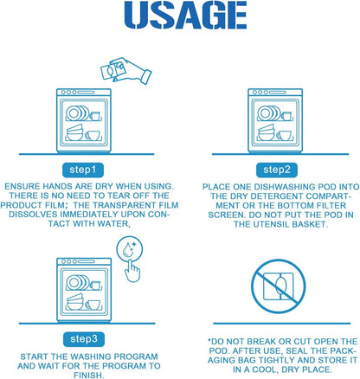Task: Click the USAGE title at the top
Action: click(185, 15)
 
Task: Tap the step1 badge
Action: click(83, 170)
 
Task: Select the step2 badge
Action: click(277, 170)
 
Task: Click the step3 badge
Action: click(84, 339)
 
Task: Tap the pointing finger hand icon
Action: click(132, 271)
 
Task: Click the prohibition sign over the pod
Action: click(278, 286)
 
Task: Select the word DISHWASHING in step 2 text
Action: click(285, 187)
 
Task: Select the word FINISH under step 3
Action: click(88, 375)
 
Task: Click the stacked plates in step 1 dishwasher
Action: click(77, 113)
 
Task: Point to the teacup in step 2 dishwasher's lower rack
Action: click(285, 135)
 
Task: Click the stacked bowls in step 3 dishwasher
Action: click(75, 302)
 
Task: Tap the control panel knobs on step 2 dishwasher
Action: click(260, 93)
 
